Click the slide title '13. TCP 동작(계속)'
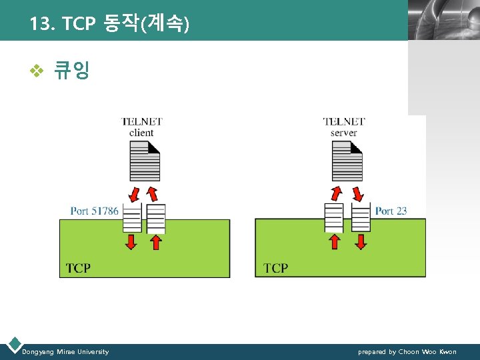point(109,25)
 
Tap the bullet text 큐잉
point(71,70)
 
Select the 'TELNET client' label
point(141,127)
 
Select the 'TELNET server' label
point(344,127)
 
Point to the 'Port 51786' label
point(94,211)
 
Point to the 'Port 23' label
point(391,211)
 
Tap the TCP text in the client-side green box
point(78,268)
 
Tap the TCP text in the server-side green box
point(276,268)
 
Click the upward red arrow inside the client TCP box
point(155,241)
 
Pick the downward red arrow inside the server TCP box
point(361,241)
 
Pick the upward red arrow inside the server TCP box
point(335,241)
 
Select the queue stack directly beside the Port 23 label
point(361,217)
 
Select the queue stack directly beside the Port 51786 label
point(132,217)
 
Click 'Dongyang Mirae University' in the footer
point(65,351)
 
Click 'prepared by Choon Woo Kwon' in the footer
point(407,351)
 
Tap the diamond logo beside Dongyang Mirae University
point(13,345)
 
